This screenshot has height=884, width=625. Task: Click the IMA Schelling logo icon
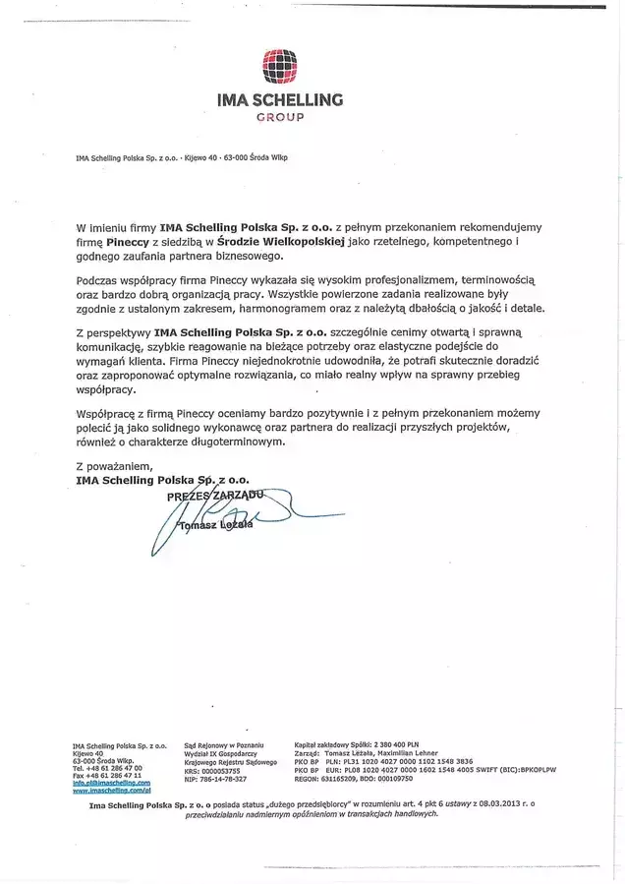[x=280, y=67]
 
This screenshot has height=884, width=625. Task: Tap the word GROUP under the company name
[x=280, y=116]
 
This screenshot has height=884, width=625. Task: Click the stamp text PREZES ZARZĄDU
[x=217, y=498]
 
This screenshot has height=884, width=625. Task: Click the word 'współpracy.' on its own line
[x=108, y=388]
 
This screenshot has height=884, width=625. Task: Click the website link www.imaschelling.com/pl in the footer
[x=112, y=790]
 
